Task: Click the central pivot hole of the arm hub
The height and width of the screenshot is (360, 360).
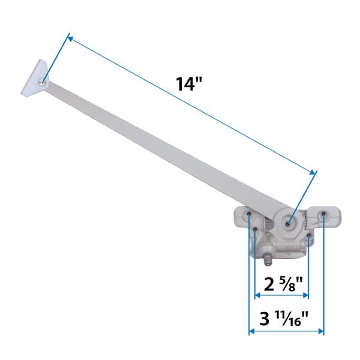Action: [289, 224]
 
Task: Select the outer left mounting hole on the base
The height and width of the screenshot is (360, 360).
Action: [249, 214]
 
